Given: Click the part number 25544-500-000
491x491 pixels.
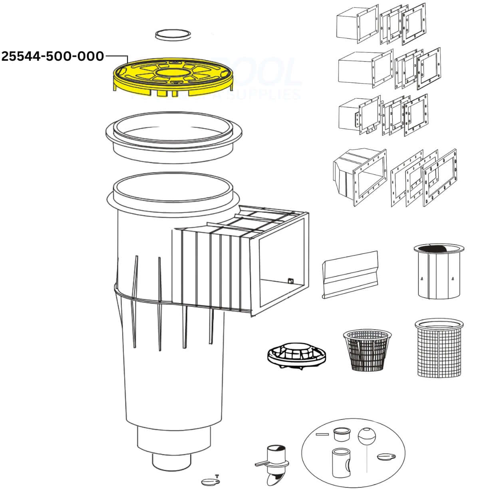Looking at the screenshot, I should coord(53,56).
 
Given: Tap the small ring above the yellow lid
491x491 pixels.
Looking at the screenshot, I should coord(173,34).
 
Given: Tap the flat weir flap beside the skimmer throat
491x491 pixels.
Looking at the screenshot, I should coord(350,274).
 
